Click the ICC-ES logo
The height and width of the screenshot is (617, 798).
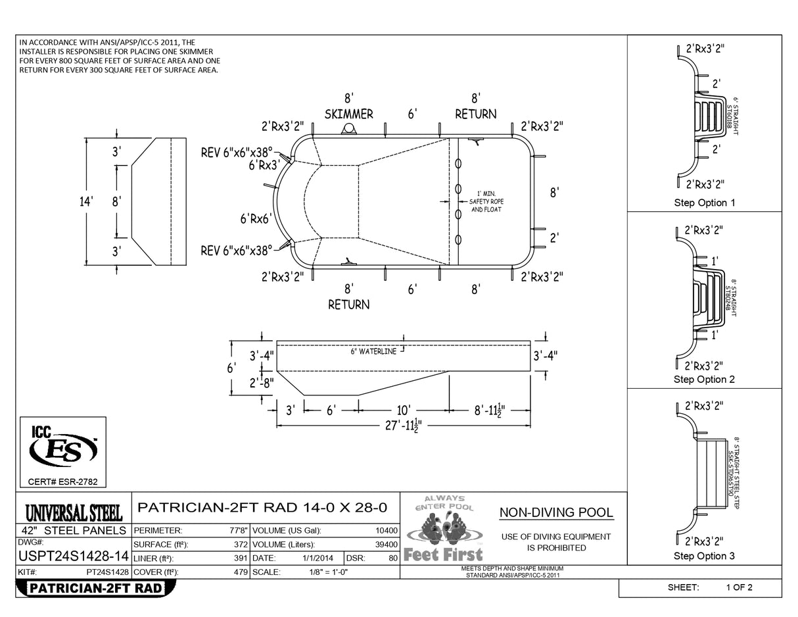[63, 449]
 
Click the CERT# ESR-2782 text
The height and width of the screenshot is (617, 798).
[63, 482]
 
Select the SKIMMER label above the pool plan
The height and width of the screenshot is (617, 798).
[348, 114]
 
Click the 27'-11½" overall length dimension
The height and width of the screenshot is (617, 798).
[404, 426]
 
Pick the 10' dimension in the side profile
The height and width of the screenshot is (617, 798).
[404, 410]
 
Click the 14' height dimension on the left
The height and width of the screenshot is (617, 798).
[86, 201]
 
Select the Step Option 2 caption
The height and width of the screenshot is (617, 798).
[704, 380]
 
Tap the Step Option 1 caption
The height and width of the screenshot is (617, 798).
[704, 203]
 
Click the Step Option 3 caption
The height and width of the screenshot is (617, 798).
[704, 556]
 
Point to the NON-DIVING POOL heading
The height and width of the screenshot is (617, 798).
[556, 513]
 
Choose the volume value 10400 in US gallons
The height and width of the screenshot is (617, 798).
[386, 530]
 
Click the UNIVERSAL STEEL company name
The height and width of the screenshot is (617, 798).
[74, 512]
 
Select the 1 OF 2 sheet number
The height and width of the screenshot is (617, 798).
[739, 587]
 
